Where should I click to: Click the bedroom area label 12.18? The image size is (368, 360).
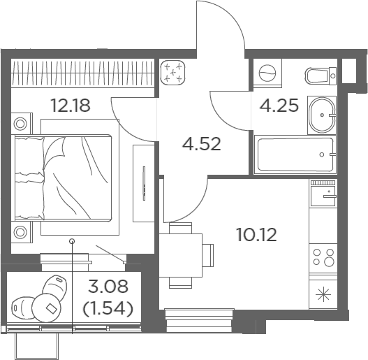click(71, 106)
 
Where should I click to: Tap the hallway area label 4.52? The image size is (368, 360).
click(202, 144)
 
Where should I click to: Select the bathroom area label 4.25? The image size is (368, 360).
click(279, 105)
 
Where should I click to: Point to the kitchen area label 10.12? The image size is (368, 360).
click(257, 234)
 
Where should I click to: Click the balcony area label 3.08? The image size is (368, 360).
click(108, 287)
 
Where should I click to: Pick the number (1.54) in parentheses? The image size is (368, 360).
click(108, 308)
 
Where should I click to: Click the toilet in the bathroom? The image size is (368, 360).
click(321, 75)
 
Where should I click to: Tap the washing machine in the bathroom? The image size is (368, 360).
click(267, 73)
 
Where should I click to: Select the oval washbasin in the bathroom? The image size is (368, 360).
click(322, 115)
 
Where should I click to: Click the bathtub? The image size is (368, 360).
click(295, 154)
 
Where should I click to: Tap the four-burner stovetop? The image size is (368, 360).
click(323, 258)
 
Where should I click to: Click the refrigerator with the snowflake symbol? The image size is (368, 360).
click(323, 294)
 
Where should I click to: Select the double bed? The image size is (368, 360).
click(63, 178)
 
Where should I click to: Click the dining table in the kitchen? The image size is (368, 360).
click(181, 255)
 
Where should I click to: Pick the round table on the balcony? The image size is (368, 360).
click(47, 308)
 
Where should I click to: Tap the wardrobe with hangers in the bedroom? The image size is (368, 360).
click(83, 73)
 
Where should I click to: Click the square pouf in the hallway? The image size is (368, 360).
click(172, 72)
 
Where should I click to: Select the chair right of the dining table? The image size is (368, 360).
click(208, 255)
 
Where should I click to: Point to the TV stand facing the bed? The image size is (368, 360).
click(144, 183)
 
